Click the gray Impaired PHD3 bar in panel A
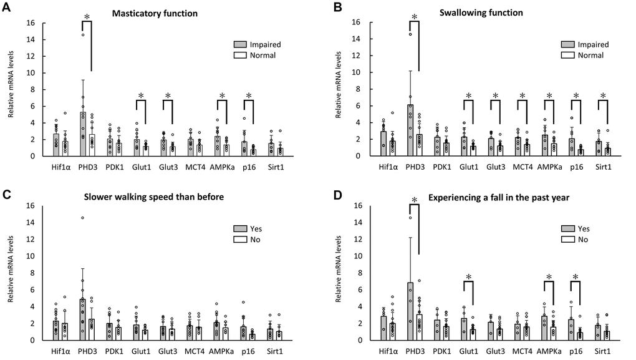click(82, 134)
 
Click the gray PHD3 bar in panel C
click(82, 319)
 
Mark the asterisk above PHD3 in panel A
click(87, 16)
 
